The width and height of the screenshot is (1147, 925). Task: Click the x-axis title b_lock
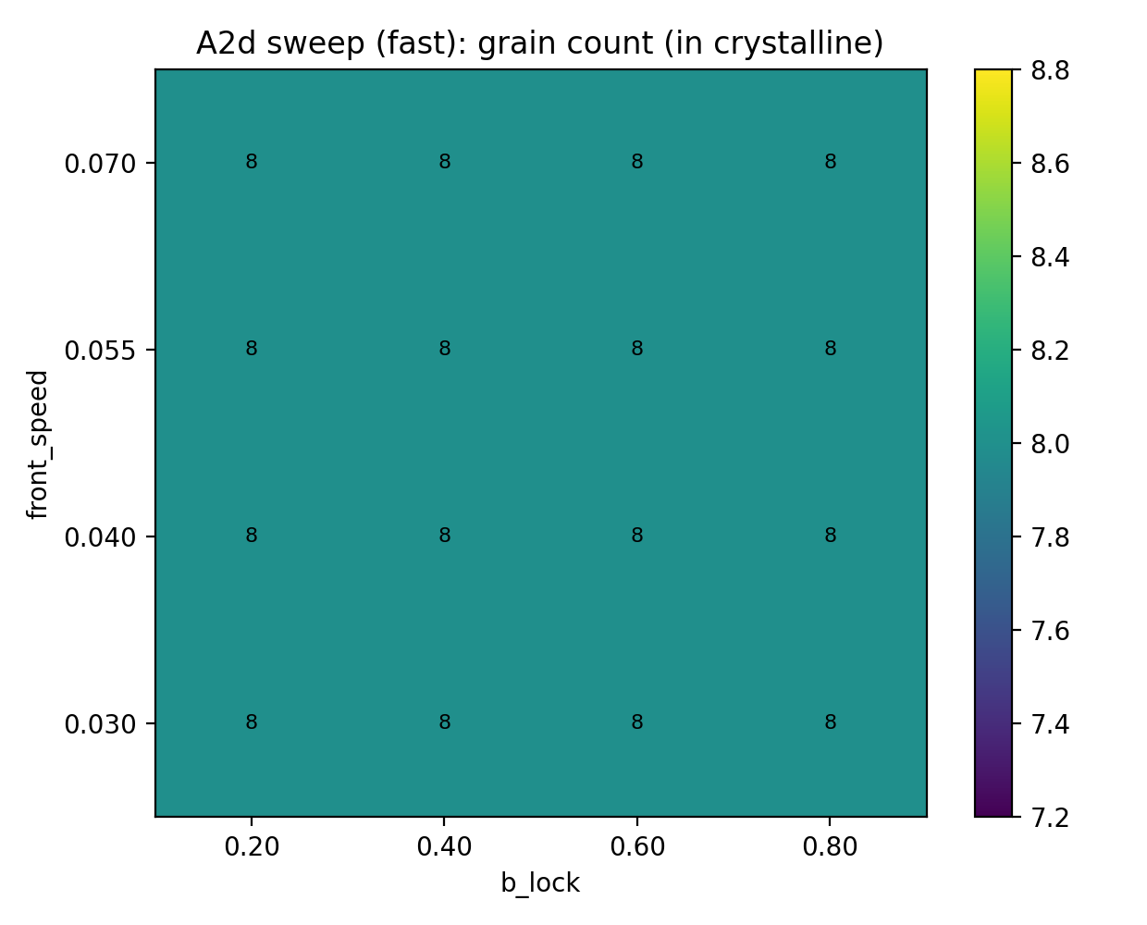point(540,883)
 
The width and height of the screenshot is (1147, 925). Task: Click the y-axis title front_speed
point(38,444)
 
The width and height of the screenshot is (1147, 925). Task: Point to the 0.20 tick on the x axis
point(252,846)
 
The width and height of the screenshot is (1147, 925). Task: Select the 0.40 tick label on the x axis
point(445,846)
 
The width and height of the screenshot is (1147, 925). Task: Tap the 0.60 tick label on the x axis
point(637,846)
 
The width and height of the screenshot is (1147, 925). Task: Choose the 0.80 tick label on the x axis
point(830,846)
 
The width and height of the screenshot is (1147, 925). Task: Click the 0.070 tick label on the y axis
point(99,164)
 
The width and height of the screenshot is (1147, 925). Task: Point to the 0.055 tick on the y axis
point(99,351)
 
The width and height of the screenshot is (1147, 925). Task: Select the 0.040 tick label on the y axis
point(99,537)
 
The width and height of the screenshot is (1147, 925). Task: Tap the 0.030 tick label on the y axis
point(99,724)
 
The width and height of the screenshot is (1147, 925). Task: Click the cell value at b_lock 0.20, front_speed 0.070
point(252,162)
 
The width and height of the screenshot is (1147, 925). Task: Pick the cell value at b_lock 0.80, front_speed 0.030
point(831,722)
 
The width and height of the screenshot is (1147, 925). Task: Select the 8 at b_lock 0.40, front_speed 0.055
point(445,349)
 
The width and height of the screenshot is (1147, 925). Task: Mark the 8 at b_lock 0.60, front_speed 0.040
point(637,536)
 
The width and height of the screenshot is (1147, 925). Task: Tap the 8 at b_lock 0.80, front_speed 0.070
point(831,162)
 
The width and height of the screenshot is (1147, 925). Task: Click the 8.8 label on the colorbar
point(1051,70)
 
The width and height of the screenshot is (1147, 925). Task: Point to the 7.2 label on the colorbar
point(1051,818)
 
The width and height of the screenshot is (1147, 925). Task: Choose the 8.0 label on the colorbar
point(1051,444)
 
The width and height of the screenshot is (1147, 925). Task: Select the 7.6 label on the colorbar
point(1051,631)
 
